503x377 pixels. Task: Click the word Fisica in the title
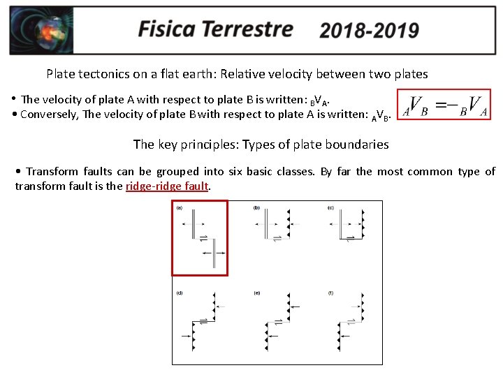167,29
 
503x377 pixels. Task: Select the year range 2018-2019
369,31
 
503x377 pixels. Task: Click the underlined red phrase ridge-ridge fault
167,186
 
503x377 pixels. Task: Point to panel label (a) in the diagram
180,207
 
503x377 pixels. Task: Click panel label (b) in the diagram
256,207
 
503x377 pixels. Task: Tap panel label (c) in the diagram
330,207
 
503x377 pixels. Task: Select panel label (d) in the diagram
180,293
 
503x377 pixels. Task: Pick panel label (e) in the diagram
256,293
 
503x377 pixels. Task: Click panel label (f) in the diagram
330,293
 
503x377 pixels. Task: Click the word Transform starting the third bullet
51,172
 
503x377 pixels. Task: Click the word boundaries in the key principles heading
358,145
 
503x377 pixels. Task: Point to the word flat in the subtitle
161,73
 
